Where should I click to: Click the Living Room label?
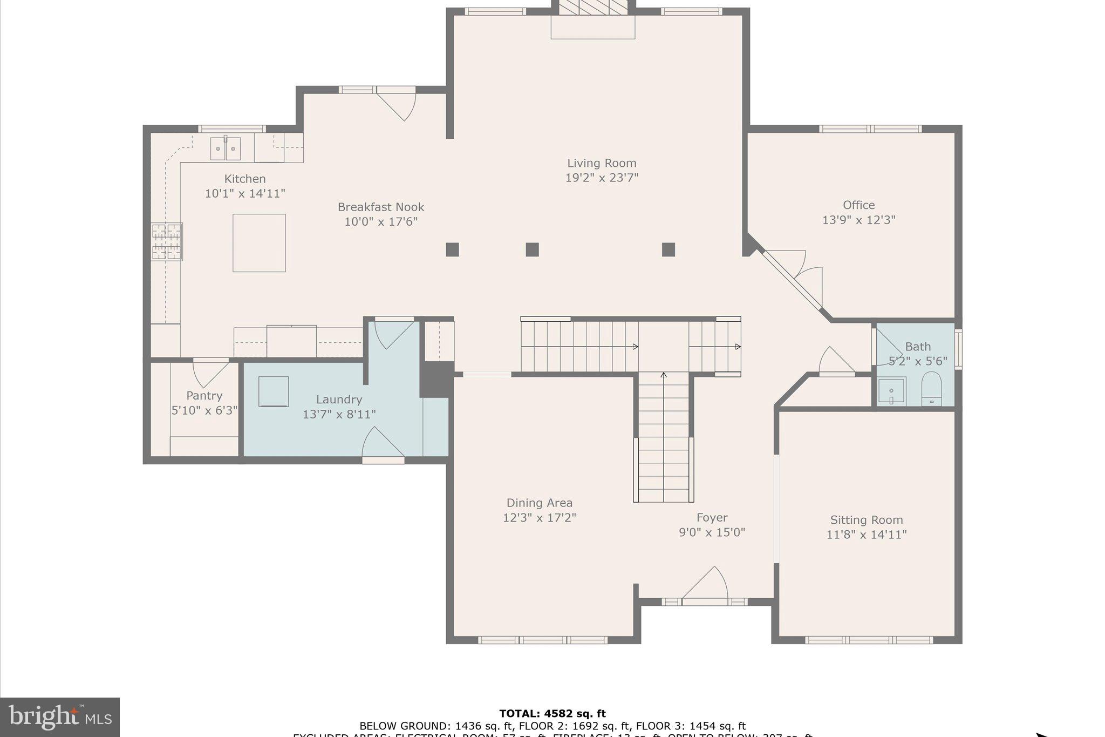pyautogui.click(x=601, y=163)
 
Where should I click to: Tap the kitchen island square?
pyautogui.click(x=259, y=243)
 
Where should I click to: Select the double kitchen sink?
pyautogui.click(x=225, y=148)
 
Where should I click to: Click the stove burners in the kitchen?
pyautogui.click(x=166, y=242)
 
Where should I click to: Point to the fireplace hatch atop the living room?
pyautogui.click(x=592, y=7)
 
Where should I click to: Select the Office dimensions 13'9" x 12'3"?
pyautogui.click(x=858, y=220)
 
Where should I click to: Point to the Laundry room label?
pyautogui.click(x=339, y=400)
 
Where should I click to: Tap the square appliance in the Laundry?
pyautogui.click(x=273, y=391)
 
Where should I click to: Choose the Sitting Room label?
pyautogui.click(x=866, y=520)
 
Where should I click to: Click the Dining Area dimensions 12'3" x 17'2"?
pyautogui.click(x=539, y=518)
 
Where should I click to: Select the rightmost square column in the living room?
pyautogui.click(x=668, y=249)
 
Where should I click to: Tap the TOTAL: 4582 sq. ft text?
pyautogui.click(x=552, y=714)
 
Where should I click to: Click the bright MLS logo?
pyautogui.click(x=59, y=717)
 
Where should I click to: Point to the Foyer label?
pyautogui.click(x=712, y=518)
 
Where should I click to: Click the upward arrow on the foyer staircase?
pyautogui.click(x=664, y=375)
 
